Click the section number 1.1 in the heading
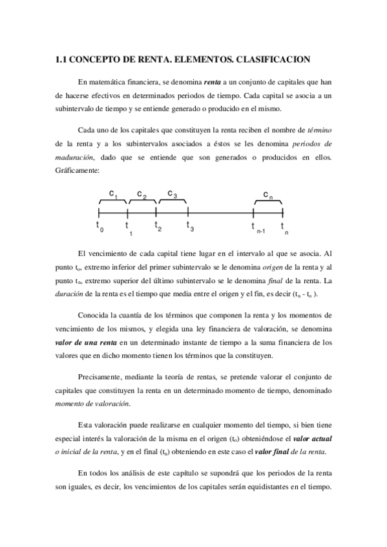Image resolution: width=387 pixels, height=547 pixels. [61, 60]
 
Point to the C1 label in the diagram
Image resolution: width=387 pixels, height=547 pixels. [112, 194]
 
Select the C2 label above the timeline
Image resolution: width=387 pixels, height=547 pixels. [142, 195]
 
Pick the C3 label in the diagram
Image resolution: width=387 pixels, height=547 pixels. [173, 194]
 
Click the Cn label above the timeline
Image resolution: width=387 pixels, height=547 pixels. [268, 195]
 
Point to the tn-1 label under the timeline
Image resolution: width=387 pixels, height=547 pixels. [258, 227]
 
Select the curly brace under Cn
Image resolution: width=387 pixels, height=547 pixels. [268, 203]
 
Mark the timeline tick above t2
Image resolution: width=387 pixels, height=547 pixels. [157, 212]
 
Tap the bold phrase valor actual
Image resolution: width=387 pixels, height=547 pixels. [310, 439]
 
